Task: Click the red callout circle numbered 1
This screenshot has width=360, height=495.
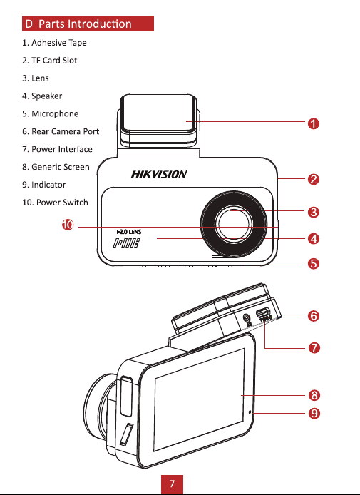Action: [x=313, y=123]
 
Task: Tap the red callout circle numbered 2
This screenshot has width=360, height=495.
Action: [x=313, y=179]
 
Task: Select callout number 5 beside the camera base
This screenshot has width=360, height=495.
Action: [x=313, y=264]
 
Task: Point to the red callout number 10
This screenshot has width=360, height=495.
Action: [x=68, y=225]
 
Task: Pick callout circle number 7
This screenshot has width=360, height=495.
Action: [x=314, y=348]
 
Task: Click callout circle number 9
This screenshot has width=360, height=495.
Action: [x=314, y=413]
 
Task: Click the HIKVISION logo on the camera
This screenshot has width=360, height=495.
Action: [x=159, y=174]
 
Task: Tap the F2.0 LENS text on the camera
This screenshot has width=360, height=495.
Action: [x=129, y=232]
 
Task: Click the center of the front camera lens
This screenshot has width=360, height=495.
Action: [x=234, y=225]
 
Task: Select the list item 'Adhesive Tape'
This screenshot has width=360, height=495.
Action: [x=54, y=43]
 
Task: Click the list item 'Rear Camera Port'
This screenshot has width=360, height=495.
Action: [x=61, y=131]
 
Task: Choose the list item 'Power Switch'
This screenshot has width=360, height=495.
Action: [x=55, y=203]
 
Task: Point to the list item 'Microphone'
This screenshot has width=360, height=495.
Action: [x=50, y=113]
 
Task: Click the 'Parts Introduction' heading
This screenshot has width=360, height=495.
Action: [x=85, y=24]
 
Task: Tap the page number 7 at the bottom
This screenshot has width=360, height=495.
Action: [x=172, y=484]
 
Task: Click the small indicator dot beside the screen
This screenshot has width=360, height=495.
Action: [x=250, y=412]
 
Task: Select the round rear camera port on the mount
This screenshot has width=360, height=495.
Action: [x=247, y=317]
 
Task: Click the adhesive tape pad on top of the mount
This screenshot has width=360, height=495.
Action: [x=159, y=113]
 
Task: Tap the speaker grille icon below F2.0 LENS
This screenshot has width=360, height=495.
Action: [x=126, y=243]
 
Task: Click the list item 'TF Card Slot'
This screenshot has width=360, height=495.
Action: [x=49, y=61]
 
